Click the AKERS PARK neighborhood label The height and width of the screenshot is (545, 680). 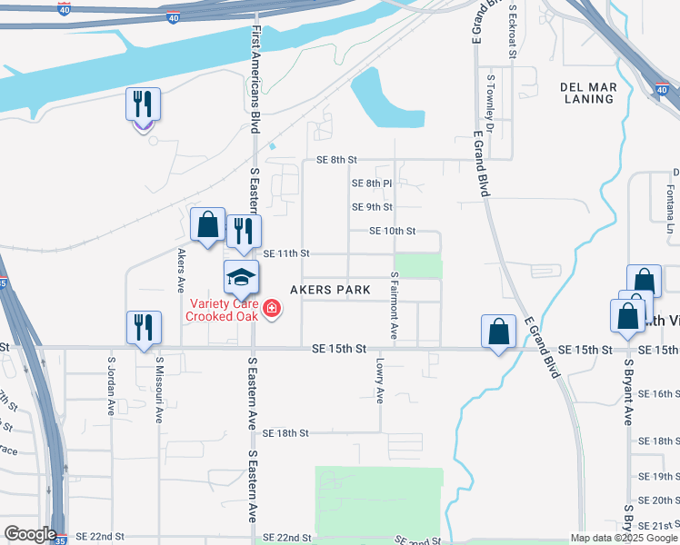click(330, 290)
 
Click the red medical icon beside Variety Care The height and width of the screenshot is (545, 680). click(271, 311)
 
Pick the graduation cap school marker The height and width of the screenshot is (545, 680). click(242, 275)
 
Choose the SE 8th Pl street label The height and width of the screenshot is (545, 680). click(371, 183)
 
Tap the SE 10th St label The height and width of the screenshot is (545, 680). click(392, 232)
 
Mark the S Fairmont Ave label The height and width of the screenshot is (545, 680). click(394, 305)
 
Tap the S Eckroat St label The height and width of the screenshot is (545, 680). click(513, 31)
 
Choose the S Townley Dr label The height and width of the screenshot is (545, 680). click(490, 99)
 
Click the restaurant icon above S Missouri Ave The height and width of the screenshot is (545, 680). click(144, 328)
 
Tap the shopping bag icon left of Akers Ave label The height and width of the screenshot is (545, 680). click(207, 224)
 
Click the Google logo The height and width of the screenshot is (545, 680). click(30, 534)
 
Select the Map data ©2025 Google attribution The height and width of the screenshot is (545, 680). click(624, 538)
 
